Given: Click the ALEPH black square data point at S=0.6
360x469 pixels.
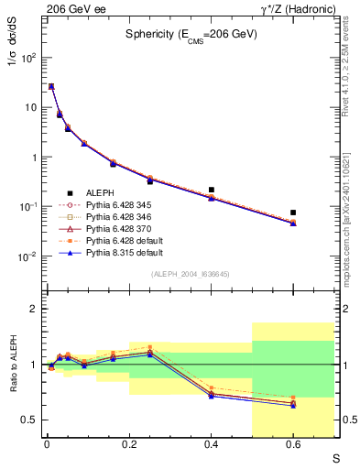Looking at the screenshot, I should click(x=293, y=213).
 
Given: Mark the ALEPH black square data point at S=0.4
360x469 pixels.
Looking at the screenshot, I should click(x=212, y=190).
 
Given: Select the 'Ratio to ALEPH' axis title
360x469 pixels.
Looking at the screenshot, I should click(x=14, y=365).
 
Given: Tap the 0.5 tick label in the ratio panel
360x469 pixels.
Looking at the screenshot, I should click(x=31, y=420).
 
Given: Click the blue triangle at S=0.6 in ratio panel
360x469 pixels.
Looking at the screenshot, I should click(x=293, y=405).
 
